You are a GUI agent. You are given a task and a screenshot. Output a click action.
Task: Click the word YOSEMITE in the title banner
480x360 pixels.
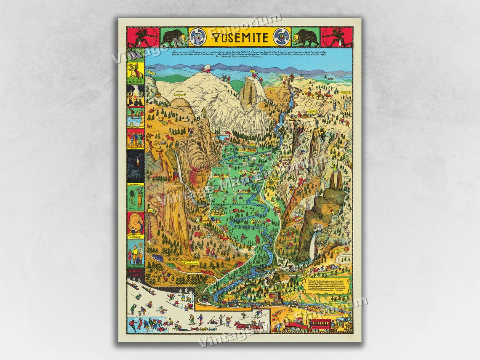pyautogui.click(x=240, y=37)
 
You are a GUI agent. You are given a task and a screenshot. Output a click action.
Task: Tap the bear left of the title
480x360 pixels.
pyautogui.click(x=173, y=37)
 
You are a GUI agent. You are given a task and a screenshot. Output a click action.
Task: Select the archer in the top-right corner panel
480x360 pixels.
pyautogui.click(x=336, y=37)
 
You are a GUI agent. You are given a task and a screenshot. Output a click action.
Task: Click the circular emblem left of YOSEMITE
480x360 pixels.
pyautogui.click(x=197, y=37)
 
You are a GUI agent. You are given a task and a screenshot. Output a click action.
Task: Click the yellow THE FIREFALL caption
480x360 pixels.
pyautogui.click(x=136, y=184)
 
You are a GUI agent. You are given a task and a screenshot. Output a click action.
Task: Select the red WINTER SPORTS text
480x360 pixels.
pyautogui.click(x=136, y=273)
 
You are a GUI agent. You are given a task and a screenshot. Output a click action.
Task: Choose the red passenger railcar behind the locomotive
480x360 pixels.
pyautogui.click(x=322, y=325)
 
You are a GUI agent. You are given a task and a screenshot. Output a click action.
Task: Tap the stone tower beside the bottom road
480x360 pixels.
pyautogui.click(x=276, y=299)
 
